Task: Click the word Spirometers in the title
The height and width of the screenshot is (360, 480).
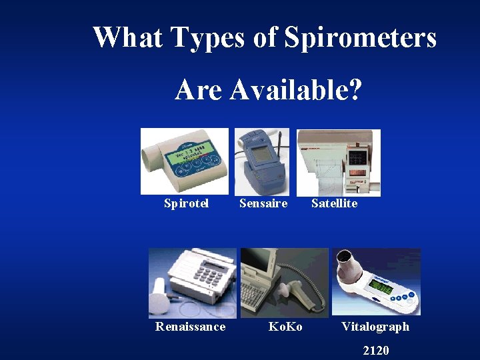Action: pyautogui.click(x=360, y=37)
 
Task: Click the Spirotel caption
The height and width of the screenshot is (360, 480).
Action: pyautogui.click(x=186, y=203)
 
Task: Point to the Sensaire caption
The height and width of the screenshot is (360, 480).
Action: pyautogui.click(x=263, y=203)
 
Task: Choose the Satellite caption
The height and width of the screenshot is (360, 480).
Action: pyautogui.click(x=334, y=203)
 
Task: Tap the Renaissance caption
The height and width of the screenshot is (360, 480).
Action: pyautogui.click(x=190, y=326)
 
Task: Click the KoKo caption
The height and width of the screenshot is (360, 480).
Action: pyautogui.click(x=285, y=326)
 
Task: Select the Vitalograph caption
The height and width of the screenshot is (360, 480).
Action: pyautogui.click(x=375, y=326)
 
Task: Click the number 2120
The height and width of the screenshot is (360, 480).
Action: pyautogui.click(x=375, y=350)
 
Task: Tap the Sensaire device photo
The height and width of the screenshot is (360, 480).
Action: pyautogui.click(x=262, y=161)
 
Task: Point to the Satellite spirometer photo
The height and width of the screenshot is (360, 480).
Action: pyautogui.click(x=338, y=162)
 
